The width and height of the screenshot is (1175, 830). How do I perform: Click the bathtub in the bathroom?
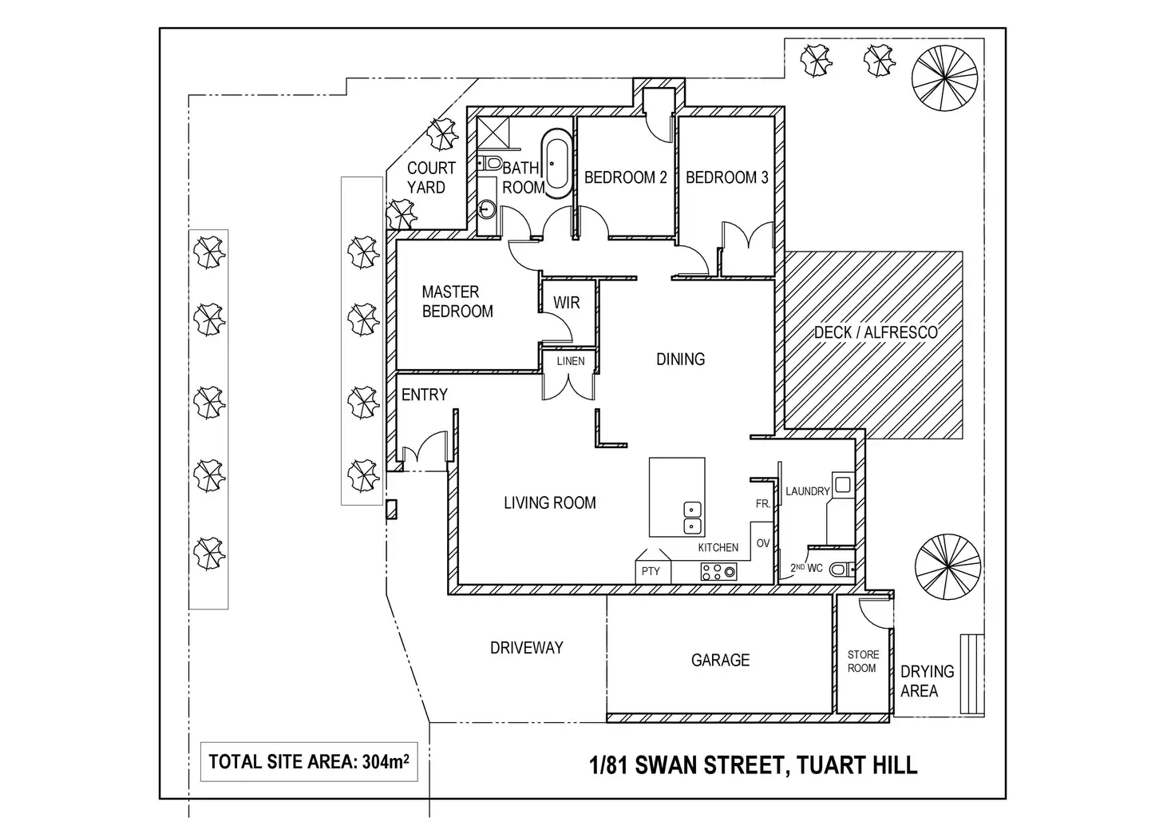coord(557,163)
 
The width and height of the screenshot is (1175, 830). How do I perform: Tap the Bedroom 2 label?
coord(625,177)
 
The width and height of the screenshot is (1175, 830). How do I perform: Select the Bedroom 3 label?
coord(726,177)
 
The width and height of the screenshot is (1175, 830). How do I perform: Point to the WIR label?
coord(567,303)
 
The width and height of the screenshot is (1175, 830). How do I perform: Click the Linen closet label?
coord(570,361)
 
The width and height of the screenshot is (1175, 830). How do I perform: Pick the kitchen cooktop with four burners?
coord(718,572)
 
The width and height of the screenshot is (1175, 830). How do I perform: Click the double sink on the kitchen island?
coord(692,518)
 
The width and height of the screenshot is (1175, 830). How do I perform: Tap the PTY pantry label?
coord(651,571)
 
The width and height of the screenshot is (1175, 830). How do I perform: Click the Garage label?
coord(720,660)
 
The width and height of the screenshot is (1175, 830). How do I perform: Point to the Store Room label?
coord(863,661)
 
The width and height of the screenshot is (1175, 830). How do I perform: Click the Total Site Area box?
coord(309,762)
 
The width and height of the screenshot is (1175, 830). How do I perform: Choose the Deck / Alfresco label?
coord(876,332)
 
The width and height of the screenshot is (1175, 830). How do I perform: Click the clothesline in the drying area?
coord(972,674)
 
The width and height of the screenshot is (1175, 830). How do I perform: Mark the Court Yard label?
coord(431,177)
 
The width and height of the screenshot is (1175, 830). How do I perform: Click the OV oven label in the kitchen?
coord(762,543)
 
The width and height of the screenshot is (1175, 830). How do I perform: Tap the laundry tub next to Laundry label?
coord(842,484)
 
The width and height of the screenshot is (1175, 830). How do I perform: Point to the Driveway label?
coord(527,648)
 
